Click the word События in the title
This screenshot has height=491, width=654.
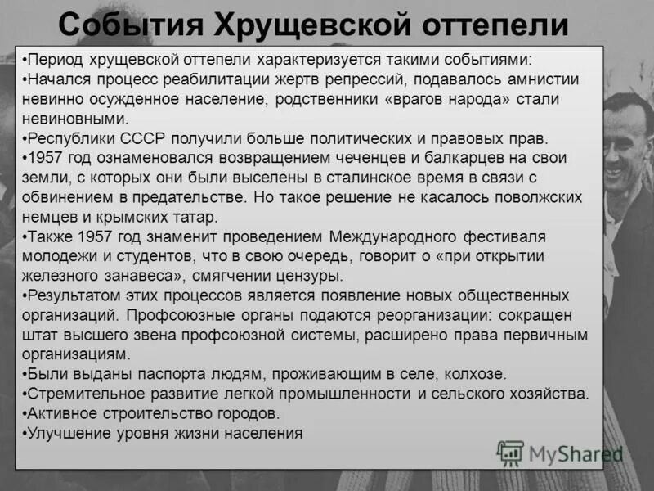(128, 25)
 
